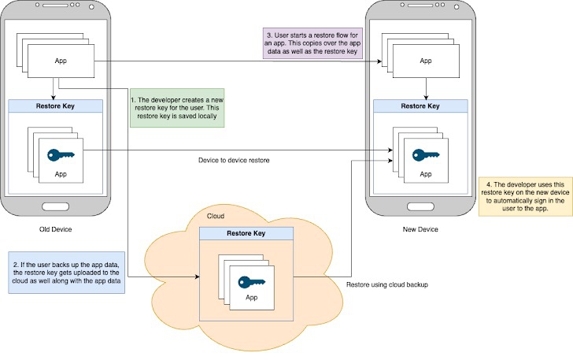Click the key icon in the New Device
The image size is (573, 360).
pos(426,154)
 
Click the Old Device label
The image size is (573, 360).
pos(55,230)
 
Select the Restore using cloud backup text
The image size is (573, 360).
pos(386,284)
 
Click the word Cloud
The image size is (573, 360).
pos(216,216)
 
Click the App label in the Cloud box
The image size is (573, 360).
pos(252,298)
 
